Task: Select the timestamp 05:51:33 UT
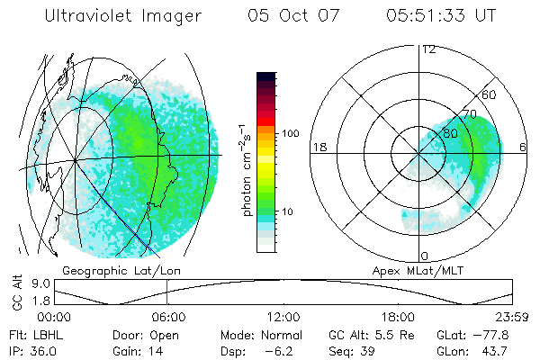(x=442, y=16)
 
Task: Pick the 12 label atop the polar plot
(x=428, y=49)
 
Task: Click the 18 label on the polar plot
(x=318, y=147)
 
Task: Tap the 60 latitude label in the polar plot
(x=490, y=94)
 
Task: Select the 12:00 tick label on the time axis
(x=283, y=316)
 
